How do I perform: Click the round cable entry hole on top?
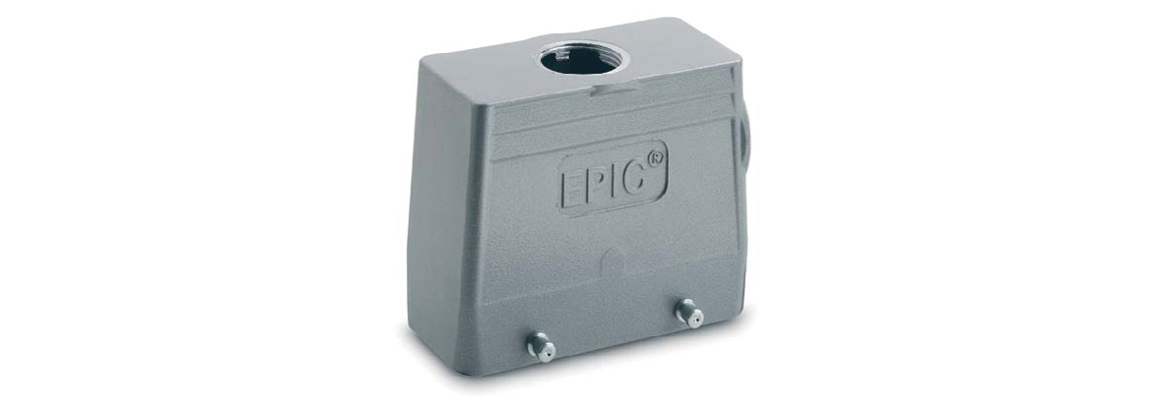(x=579, y=59)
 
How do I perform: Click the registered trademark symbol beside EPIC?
(x=656, y=158)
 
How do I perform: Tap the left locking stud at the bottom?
(x=540, y=346)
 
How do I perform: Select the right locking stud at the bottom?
(x=688, y=313)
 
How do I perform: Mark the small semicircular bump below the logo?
(x=610, y=259)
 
